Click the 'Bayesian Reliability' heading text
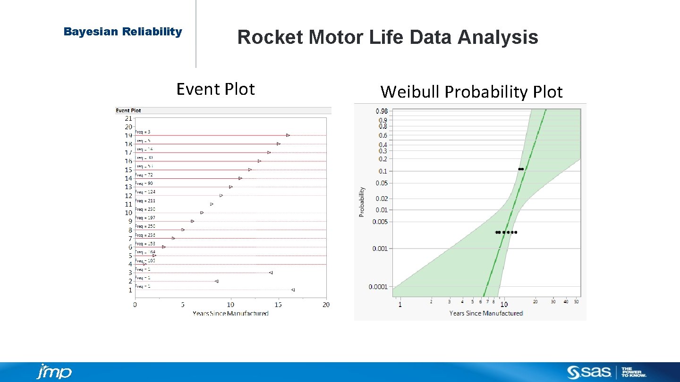pyautogui.click(x=123, y=32)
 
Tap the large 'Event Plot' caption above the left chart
pyautogui.click(x=215, y=89)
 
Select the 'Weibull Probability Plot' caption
pyautogui.click(x=471, y=92)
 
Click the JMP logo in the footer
pyautogui.click(x=54, y=372)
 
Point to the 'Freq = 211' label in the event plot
pyautogui.click(x=145, y=201)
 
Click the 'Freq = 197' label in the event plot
pyautogui.click(x=145, y=218)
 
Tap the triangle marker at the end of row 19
pyautogui.click(x=288, y=135)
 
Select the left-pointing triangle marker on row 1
pyautogui.click(x=293, y=290)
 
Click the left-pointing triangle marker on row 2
pyautogui.click(x=216, y=281)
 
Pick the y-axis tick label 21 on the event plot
pyautogui.click(x=128, y=118)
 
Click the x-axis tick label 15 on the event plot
pyautogui.click(x=278, y=305)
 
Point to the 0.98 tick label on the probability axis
pyautogui.click(x=382, y=111)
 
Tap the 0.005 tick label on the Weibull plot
pyautogui.click(x=381, y=222)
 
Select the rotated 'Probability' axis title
pyautogui.click(x=362, y=202)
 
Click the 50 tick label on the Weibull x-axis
pyautogui.click(x=576, y=302)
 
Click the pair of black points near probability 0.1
pyautogui.click(x=521, y=169)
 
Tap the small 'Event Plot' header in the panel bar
pyautogui.click(x=128, y=110)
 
